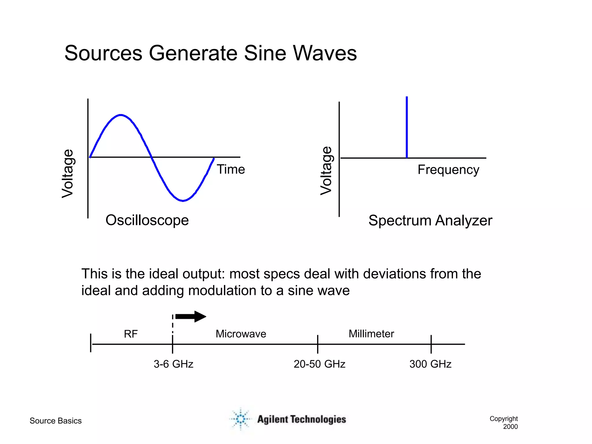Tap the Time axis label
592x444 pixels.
[231, 169]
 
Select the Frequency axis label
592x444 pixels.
[448, 170]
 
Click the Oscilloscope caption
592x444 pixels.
[147, 220]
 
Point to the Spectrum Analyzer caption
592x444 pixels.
[430, 221]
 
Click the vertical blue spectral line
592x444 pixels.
[407, 127]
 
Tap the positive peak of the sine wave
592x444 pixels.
[121, 115]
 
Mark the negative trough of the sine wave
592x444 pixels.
[183, 201]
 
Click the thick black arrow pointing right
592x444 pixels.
[191, 317]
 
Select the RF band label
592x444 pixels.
[131, 334]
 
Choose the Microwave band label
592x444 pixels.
[241, 334]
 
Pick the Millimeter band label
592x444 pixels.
[371, 334]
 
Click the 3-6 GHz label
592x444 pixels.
[173, 364]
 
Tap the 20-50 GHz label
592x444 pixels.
[319, 364]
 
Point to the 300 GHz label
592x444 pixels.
[430, 364]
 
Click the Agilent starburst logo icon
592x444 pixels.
[240, 419]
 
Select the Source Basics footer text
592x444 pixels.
[55, 421]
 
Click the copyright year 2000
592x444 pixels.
[510, 427]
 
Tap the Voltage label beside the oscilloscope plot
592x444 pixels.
[68, 173]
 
